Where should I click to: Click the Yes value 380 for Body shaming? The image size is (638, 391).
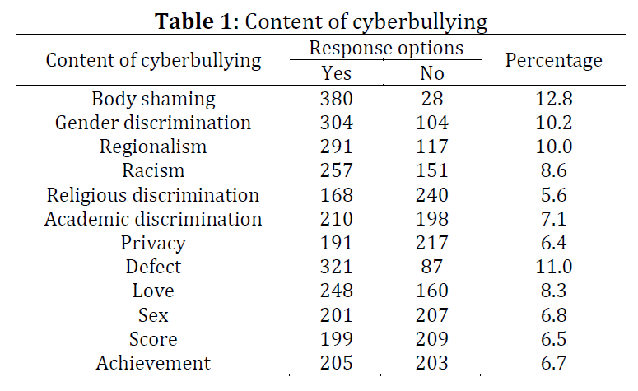(336, 100)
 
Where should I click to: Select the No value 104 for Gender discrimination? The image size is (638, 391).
(432, 123)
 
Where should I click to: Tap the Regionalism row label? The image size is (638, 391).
(153, 147)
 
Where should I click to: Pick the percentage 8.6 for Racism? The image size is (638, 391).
(553, 171)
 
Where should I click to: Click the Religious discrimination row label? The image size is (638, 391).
(153, 195)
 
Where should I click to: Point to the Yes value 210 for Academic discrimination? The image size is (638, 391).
(336, 219)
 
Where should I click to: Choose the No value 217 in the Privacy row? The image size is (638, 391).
(432, 243)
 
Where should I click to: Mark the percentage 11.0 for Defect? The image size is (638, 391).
(553, 267)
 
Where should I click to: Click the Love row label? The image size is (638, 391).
(153, 291)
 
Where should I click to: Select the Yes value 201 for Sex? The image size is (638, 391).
(336, 314)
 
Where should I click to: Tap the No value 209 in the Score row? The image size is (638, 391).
(432, 338)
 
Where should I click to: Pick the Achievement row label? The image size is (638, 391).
(153, 362)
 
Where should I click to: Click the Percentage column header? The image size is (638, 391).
(553, 60)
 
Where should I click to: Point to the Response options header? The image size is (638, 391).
(385, 48)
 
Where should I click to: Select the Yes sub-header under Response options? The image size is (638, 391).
(336, 73)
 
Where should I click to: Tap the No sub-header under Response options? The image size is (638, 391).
(432, 73)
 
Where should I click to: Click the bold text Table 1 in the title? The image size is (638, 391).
(195, 21)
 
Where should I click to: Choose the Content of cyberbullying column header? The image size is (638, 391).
(153, 60)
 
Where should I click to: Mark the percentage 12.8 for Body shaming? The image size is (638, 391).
(553, 100)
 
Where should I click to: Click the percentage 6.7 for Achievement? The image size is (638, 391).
(553, 362)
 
